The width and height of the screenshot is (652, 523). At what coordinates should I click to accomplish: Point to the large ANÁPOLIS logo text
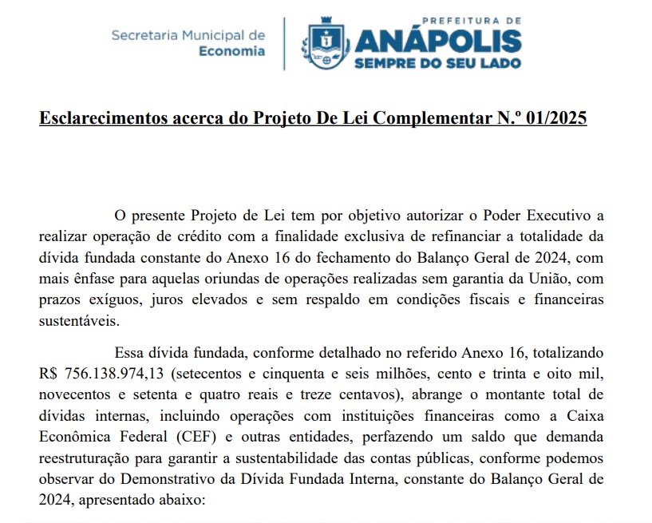pos(437,39)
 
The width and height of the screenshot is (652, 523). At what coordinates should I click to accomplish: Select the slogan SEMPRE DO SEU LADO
pos(437,61)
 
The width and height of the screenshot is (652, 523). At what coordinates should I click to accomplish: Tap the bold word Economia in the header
pos(231,51)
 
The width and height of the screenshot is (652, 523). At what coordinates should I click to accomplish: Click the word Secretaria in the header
pos(144,35)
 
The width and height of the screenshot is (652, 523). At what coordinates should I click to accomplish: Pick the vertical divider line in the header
pos(284,43)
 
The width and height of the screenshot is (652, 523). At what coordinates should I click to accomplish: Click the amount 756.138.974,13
pos(108,373)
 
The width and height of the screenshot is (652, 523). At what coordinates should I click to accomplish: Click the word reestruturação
pos(87,458)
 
